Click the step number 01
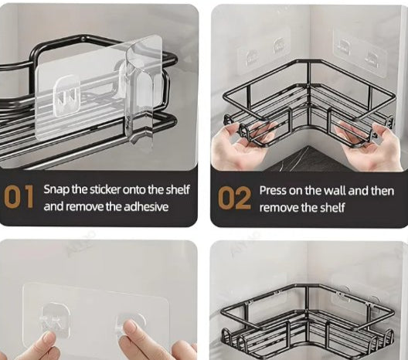click(x=19, y=197)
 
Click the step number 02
click(x=234, y=199)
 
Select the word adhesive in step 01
click(x=146, y=207)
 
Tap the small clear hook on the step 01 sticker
click(x=66, y=96)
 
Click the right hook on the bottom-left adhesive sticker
click(x=130, y=325)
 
